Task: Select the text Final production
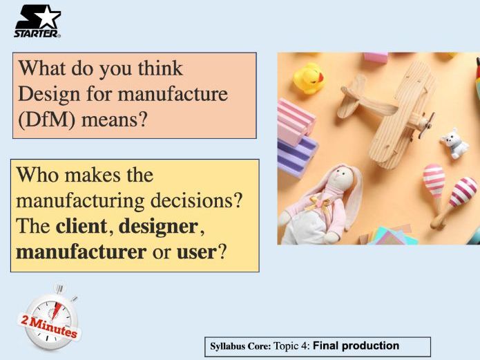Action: [x=356, y=345]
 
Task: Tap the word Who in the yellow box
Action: [x=37, y=175]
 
